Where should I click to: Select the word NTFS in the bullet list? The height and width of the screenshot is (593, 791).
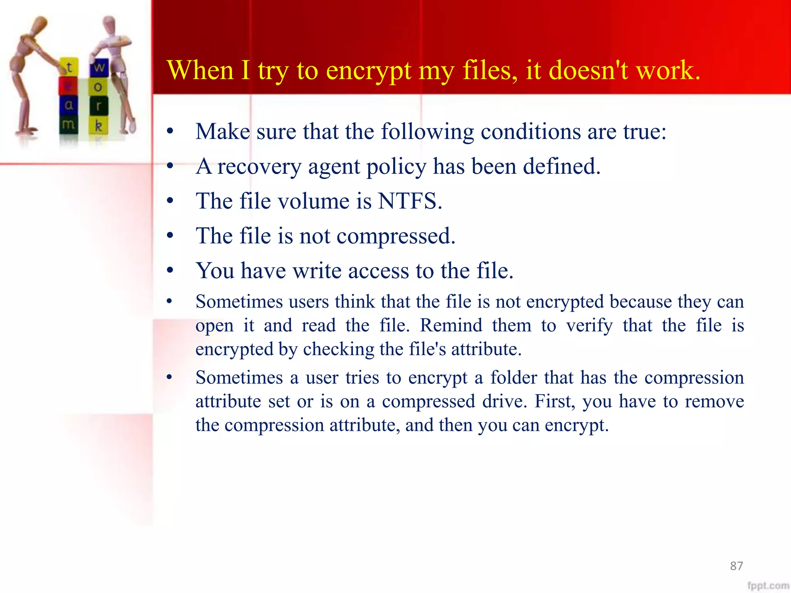[409, 201]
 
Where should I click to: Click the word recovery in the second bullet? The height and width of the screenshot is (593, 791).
[259, 167]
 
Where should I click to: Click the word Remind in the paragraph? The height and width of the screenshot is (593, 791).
[451, 325]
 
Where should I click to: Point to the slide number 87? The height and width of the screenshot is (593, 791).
[736, 566]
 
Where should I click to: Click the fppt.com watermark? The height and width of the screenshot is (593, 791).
[768, 586]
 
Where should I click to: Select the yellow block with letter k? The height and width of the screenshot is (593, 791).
[98, 125]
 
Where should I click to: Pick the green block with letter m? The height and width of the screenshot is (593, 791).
[68, 125]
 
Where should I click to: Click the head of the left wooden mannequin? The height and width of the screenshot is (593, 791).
[38, 24]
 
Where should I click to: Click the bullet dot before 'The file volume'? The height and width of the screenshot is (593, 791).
[170, 201]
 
